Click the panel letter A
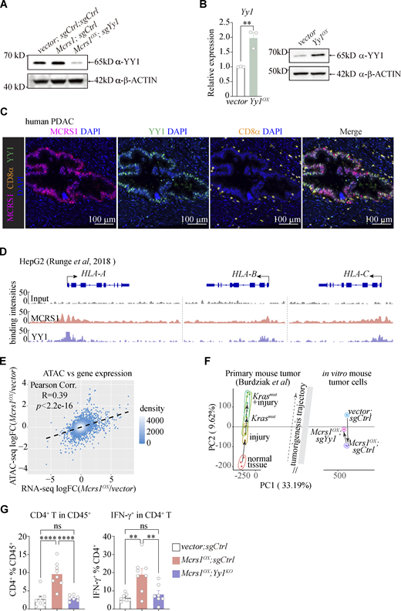5,8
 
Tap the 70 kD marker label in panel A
13,56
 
